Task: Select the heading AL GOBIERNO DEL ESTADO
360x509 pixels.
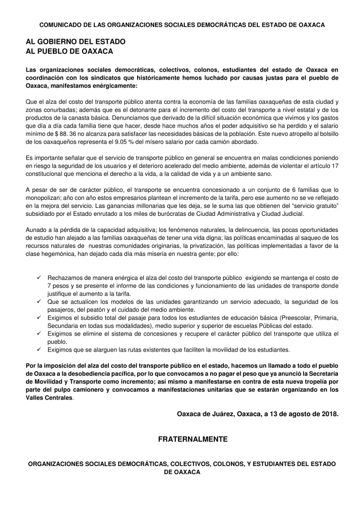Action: [76, 42]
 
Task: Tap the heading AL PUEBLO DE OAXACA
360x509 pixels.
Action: [69, 51]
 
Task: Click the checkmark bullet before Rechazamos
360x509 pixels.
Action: [39, 278]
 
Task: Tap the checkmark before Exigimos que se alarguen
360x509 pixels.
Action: [39, 350]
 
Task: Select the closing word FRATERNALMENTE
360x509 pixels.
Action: [193, 439]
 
